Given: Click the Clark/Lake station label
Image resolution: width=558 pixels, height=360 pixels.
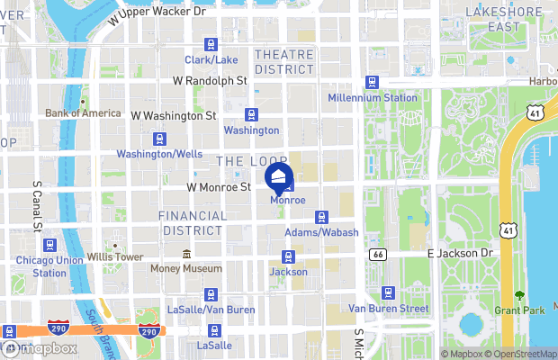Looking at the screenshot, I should [212, 60].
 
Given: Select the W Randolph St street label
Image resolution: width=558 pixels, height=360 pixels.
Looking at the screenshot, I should [210, 80].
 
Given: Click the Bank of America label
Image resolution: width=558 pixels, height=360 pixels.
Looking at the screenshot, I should [83, 113].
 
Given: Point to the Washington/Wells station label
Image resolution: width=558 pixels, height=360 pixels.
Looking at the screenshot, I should [159, 154].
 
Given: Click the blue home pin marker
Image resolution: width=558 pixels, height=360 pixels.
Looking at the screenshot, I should [279, 175].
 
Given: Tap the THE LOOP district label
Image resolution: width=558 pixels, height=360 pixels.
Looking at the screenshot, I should [240, 160].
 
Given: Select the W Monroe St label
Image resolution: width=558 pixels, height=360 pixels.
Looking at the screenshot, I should [218, 187].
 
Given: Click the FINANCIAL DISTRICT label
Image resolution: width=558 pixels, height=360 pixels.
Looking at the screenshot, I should [193, 222].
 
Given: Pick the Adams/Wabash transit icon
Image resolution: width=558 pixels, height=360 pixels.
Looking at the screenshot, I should [321, 217].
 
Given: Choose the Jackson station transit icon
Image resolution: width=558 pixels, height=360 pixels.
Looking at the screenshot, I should [288, 256].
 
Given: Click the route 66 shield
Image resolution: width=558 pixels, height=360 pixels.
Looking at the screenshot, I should [377, 255].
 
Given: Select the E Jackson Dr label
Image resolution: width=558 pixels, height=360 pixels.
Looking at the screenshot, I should [460, 254].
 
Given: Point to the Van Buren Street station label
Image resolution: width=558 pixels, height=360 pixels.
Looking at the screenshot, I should [388, 308].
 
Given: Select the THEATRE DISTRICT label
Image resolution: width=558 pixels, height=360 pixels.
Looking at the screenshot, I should [283, 61].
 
